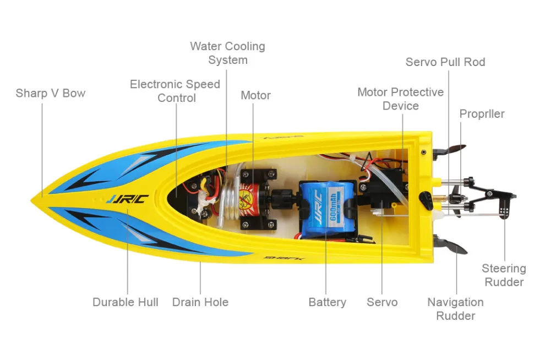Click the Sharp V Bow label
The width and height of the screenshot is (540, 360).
coord(51,93)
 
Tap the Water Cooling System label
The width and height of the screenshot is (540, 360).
coord(228,53)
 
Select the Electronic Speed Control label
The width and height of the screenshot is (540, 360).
coord(175,91)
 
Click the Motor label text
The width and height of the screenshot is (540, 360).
coord(255,95)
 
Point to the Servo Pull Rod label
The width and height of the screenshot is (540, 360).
coord(445,62)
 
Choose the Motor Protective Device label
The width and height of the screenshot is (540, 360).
coord(401,99)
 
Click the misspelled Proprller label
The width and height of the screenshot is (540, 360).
coord(482,114)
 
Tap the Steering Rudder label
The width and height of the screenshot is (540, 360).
coord(504,275)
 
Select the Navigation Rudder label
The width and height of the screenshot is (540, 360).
coord(455,309)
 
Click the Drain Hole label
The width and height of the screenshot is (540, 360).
coord(200,302)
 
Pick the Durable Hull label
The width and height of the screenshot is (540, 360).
coord(126,302)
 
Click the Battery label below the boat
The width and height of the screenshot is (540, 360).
coord(327,302)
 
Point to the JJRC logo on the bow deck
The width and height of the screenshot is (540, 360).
coord(128,199)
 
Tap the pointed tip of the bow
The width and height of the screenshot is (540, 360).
coord(32,199)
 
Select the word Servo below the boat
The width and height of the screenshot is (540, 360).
coord(382,302)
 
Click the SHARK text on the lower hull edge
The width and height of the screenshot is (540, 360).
coord(284,258)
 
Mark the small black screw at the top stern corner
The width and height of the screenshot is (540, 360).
coord(424,152)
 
